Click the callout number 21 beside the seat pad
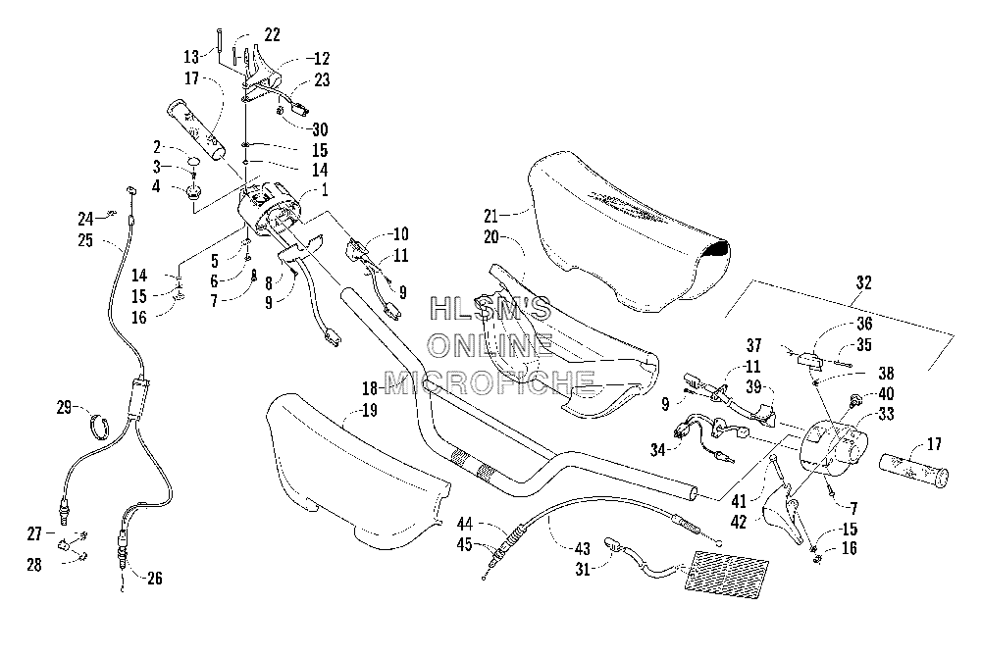pyautogui.click(x=490, y=217)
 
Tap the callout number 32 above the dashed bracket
pyautogui.click(x=864, y=282)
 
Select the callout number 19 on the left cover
pyautogui.click(x=370, y=411)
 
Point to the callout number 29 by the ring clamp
pyautogui.click(x=64, y=407)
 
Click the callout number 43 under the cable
pyautogui.click(x=583, y=548)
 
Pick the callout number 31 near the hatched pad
pyautogui.click(x=583, y=569)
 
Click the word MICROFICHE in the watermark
pyautogui.click(x=490, y=381)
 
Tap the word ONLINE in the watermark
pyautogui.click(x=490, y=344)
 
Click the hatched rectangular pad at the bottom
pyautogui.click(x=726, y=571)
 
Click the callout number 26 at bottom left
pyautogui.click(x=154, y=578)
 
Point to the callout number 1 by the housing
pyautogui.click(x=325, y=189)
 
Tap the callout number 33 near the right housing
pyautogui.click(x=886, y=414)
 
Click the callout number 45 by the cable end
pyautogui.click(x=464, y=545)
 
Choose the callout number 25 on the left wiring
pyautogui.click(x=85, y=240)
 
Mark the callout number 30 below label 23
pyautogui.click(x=320, y=129)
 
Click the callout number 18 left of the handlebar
pyautogui.click(x=370, y=388)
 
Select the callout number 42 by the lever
pyautogui.click(x=739, y=522)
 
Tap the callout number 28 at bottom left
pyautogui.click(x=33, y=565)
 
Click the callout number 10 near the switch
pyautogui.click(x=400, y=234)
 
